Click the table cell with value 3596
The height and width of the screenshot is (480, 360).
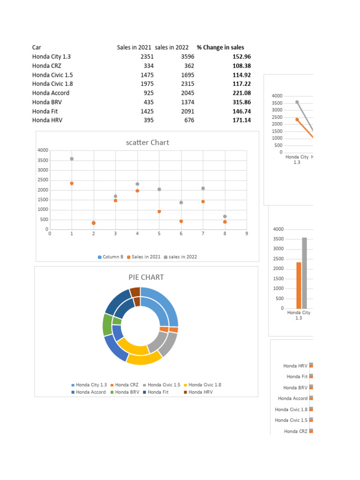click(187, 57)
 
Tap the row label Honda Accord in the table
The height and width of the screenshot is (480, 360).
click(51, 93)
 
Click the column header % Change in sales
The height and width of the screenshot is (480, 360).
click(220, 47)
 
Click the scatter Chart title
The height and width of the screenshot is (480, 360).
click(147, 142)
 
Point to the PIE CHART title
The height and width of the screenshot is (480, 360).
click(146, 277)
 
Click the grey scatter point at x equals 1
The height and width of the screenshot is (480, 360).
click(72, 159)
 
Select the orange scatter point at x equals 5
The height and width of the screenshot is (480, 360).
click(159, 211)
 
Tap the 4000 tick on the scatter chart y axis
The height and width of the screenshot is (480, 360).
click(43, 150)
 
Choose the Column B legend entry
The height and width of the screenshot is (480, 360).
click(111, 257)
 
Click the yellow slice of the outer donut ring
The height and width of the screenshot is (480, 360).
click(144, 360)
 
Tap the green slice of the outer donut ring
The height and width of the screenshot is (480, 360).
click(106, 324)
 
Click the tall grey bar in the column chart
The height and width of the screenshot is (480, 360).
click(304, 273)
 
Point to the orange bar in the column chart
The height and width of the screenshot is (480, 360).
click(299, 285)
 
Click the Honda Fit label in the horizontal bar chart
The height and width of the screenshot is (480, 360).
click(297, 376)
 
